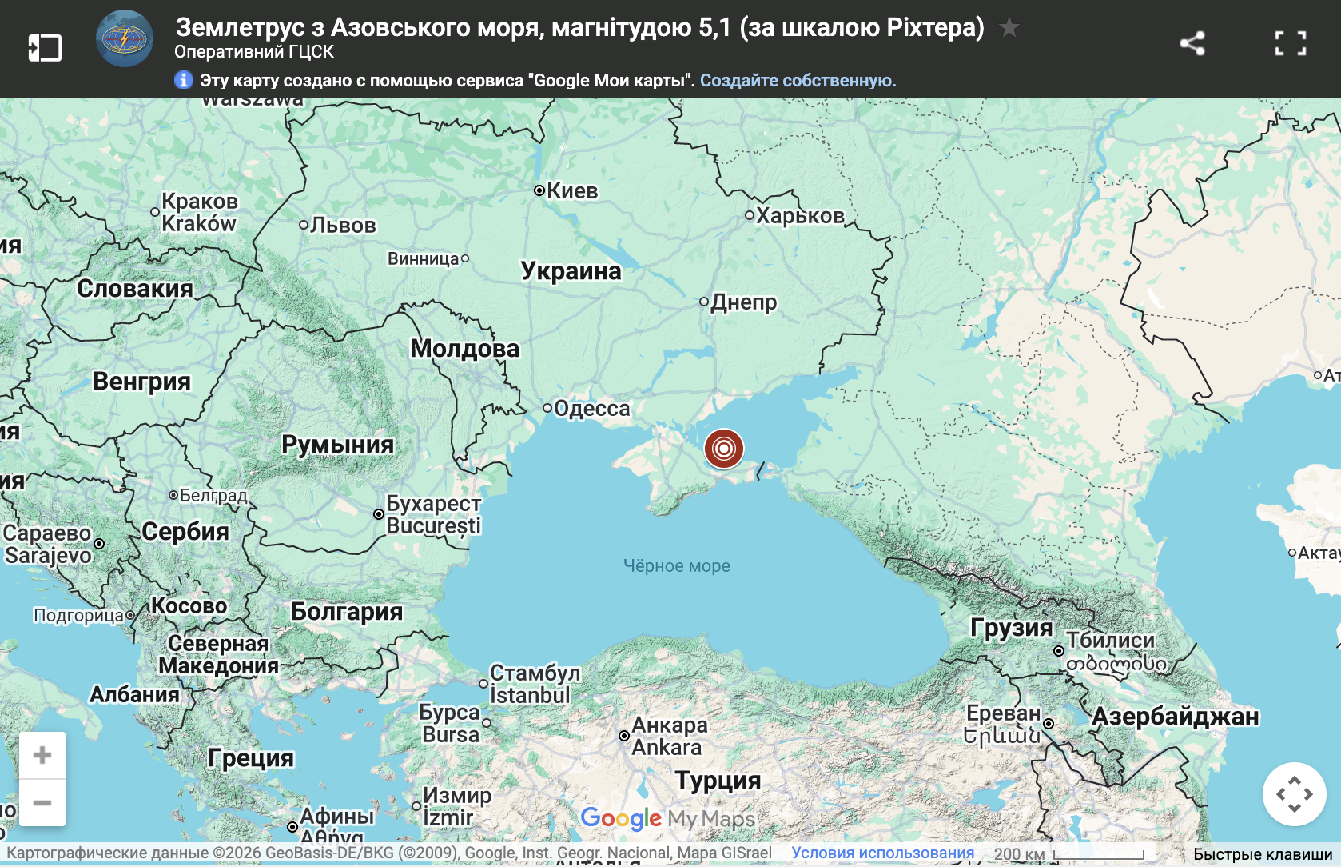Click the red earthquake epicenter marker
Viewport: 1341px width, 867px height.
tap(724, 449)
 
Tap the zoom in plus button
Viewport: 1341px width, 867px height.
tap(42, 755)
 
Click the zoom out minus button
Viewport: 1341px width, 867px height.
tap(42, 802)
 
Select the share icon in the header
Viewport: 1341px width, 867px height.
tap(1192, 43)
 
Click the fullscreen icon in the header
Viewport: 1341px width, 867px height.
tap(1290, 43)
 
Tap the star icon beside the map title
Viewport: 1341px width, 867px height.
tap(1009, 28)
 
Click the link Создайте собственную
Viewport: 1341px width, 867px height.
tap(798, 81)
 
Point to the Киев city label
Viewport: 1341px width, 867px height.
tap(571, 190)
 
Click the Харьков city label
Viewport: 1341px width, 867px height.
tap(799, 216)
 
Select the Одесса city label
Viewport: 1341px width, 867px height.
tap(591, 409)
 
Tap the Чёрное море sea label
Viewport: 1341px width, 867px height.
tap(676, 566)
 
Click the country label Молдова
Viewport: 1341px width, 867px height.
tap(464, 349)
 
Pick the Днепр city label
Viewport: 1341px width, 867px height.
tap(743, 302)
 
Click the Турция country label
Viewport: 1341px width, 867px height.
tap(718, 780)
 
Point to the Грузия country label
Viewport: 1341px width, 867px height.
tap(1011, 628)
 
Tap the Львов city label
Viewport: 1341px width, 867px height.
tap(342, 226)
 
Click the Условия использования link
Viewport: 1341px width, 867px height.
tap(882, 853)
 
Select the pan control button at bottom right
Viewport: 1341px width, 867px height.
tap(1294, 794)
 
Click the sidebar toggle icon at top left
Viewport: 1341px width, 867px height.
tap(45, 47)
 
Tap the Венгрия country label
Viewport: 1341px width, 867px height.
tap(141, 382)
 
